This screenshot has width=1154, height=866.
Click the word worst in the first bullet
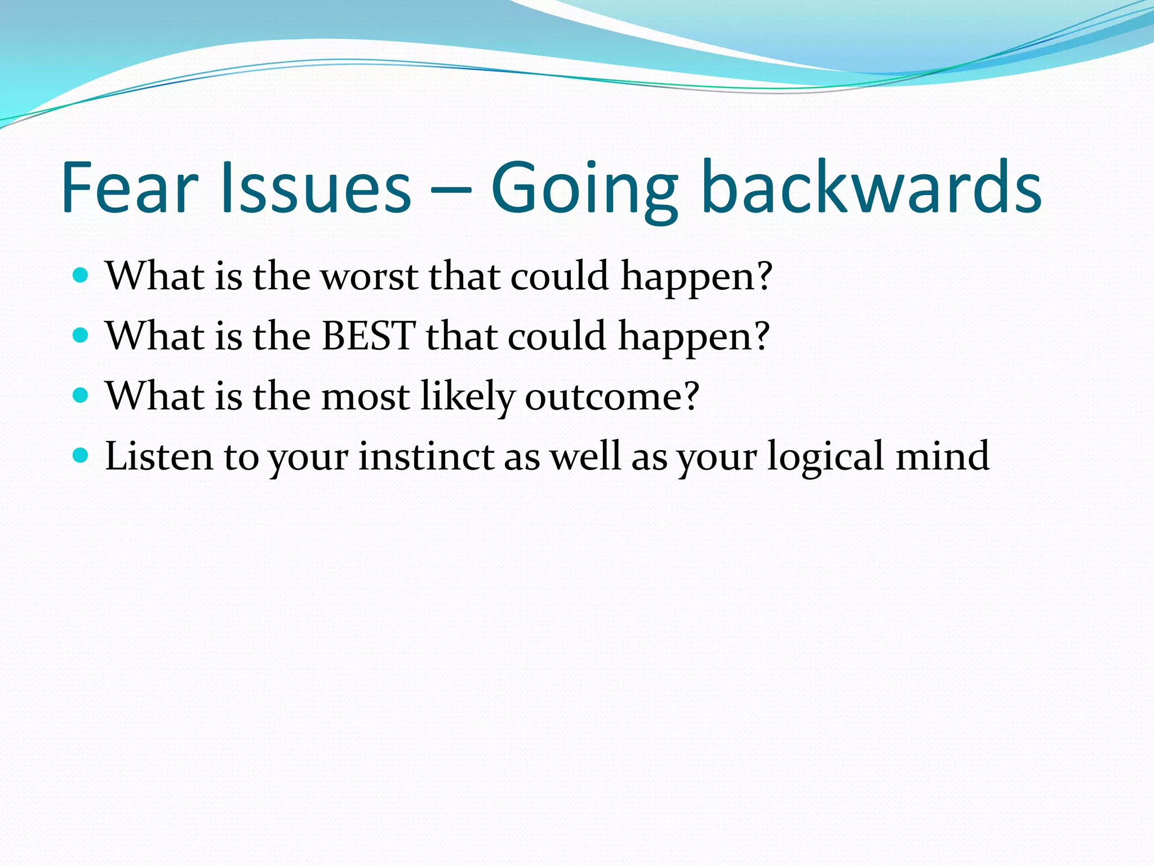369,277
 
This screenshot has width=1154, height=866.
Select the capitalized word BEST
369,336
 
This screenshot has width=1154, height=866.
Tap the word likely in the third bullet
468,396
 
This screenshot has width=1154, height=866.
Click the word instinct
426,456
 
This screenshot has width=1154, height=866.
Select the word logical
825,456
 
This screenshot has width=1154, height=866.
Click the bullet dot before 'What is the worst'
81,276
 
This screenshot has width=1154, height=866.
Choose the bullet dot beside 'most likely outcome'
81,395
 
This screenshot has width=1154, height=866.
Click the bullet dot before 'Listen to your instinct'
81,455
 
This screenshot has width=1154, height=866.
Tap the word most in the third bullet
365,396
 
